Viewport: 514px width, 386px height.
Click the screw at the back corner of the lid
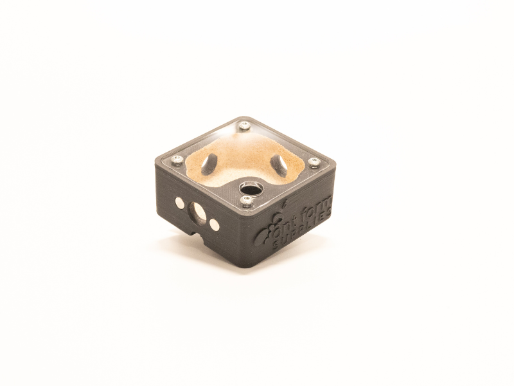pyautogui.click(x=244, y=125)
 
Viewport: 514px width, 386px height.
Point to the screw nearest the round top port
pyautogui.click(x=246, y=201)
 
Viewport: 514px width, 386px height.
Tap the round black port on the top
pyautogui.click(x=250, y=189)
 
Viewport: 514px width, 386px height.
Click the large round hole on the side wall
pyautogui.click(x=197, y=212)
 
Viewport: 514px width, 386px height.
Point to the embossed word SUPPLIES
pyautogui.click(x=303, y=233)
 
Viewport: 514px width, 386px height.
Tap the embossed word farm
pyautogui.click(x=319, y=209)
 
